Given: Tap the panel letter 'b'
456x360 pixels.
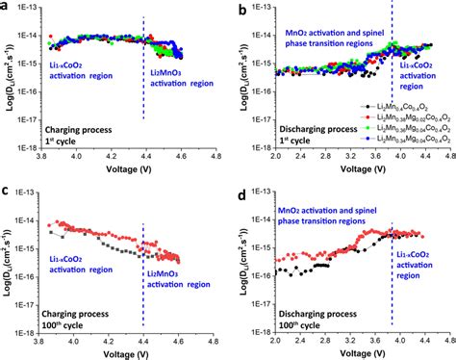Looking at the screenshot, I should point(239,9).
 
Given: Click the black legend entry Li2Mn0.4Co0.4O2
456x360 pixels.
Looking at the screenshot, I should point(399,106).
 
